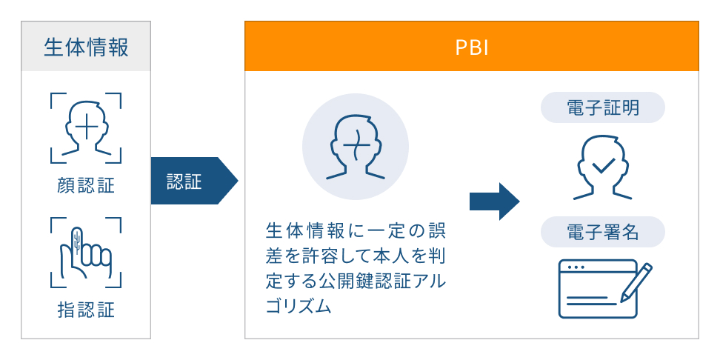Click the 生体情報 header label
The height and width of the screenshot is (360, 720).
[x=86, y=47]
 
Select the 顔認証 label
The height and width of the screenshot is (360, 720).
[x=86, y=185]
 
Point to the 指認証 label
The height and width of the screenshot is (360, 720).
[x=86, y=309]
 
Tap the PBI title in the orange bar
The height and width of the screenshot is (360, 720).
[x=471, y=47]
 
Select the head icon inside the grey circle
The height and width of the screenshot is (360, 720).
[x=355, y=147]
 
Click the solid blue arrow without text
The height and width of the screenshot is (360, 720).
[x=494, y=201]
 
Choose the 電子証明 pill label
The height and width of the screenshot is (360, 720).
[x=603, y=108]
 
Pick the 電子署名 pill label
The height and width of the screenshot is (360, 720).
[x=603, y=233]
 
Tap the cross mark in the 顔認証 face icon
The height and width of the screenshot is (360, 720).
[x=86, y=127]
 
